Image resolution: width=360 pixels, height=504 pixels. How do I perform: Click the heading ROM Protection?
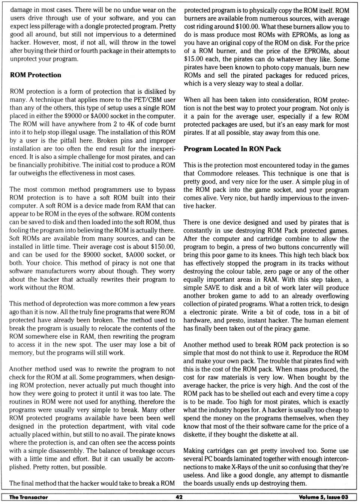click(35, 75)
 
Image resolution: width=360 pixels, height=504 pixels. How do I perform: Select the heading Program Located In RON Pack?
click(232, 149)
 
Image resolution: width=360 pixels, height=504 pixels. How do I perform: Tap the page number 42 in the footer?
click(179, 497)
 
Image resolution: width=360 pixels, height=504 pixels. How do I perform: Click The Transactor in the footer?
click(28, 497)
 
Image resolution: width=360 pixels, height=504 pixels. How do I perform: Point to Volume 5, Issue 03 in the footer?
click(323, 497)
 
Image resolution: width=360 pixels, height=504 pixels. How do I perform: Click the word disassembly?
click(66, 451)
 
